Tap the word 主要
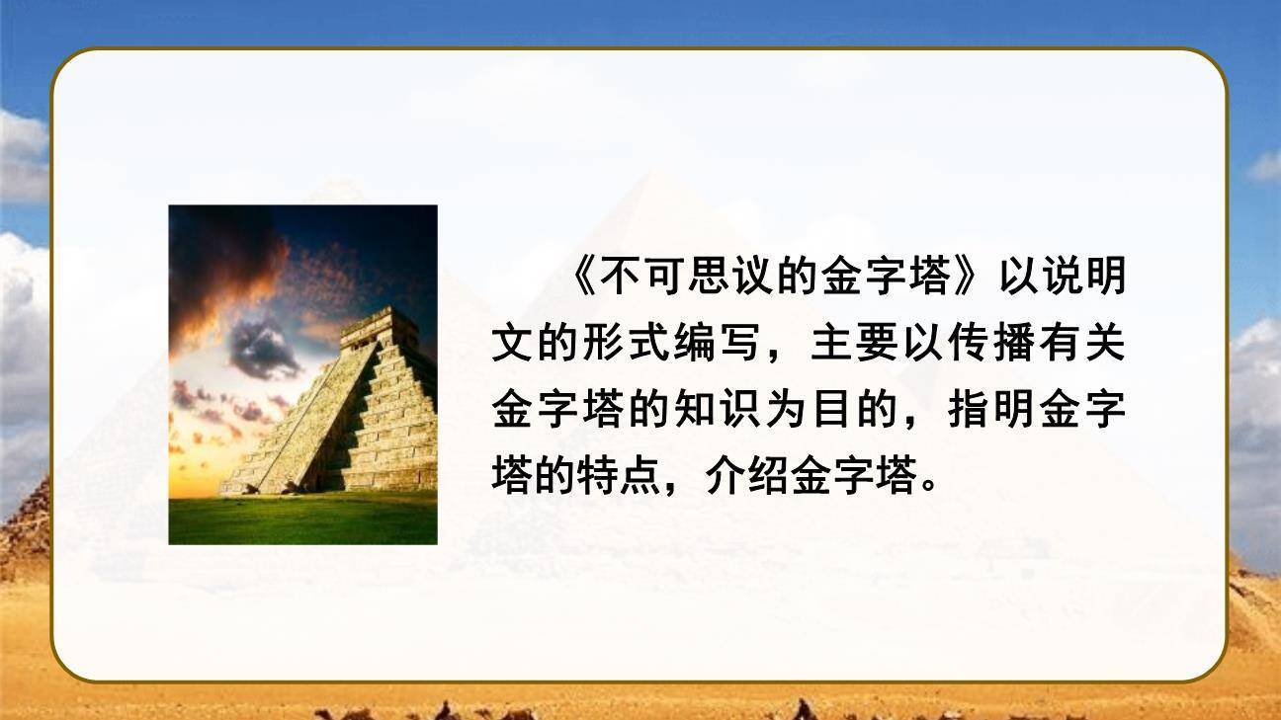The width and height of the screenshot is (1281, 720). [x=845, y=347]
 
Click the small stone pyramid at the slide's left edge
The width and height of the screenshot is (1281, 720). [x=25, y=533]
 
